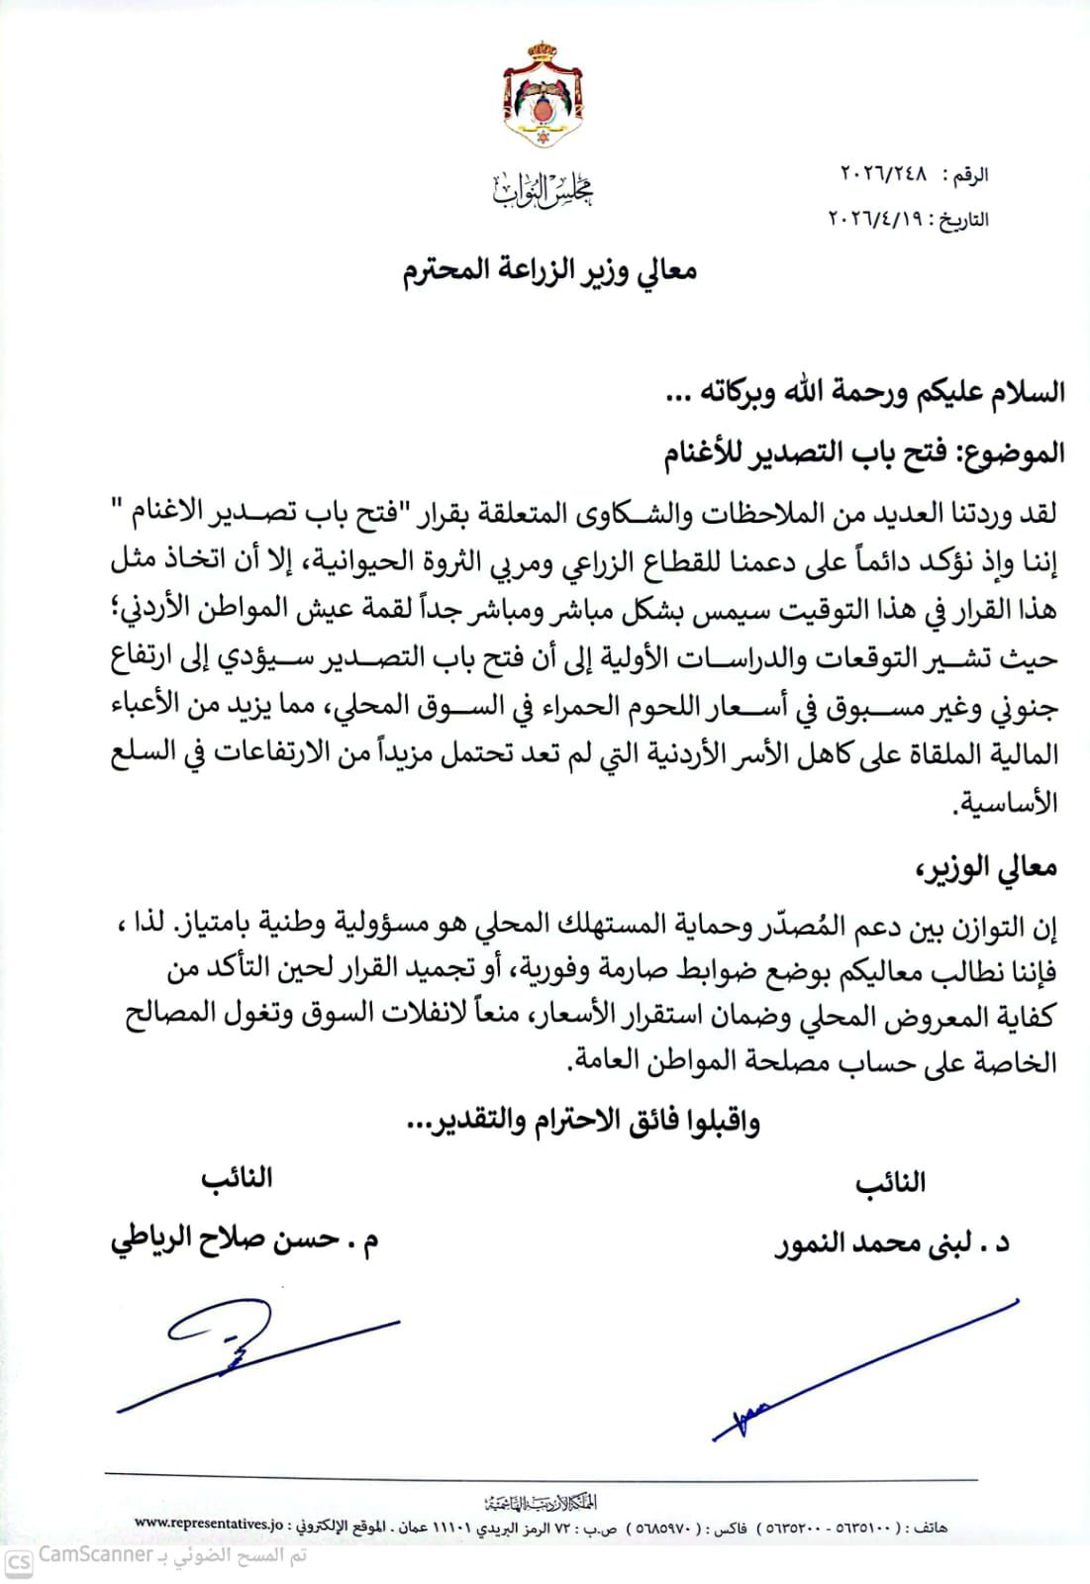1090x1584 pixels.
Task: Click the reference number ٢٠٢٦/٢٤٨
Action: point(885,175)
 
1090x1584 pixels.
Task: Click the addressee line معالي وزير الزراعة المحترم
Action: point(550,270)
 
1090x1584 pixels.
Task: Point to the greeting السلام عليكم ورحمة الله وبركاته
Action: point(865,391)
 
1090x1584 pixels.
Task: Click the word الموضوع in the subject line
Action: point(1013,452)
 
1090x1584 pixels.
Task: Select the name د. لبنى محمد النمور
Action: point(891,1242)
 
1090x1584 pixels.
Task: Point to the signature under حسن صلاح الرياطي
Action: point(248,1351)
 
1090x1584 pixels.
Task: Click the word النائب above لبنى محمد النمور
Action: point(891,1182)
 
